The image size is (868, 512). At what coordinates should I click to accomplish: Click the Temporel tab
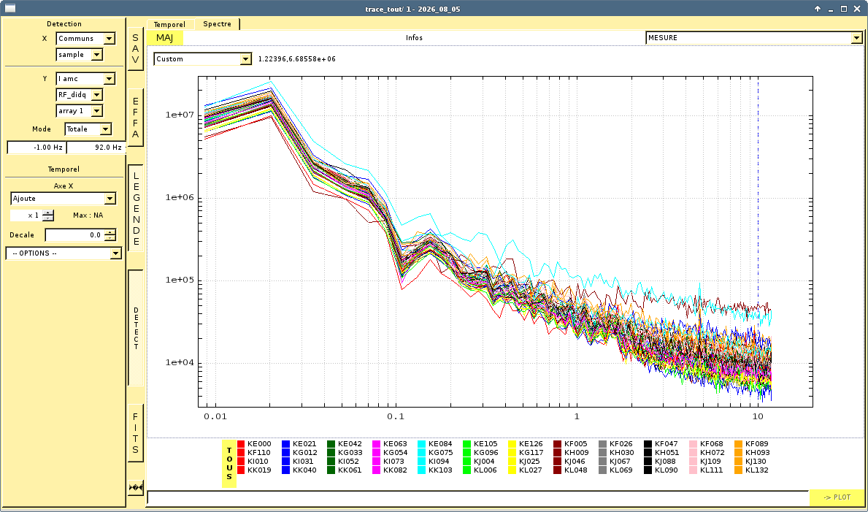click(x=170, y=24)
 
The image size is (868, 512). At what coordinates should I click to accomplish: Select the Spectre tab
click(x=217, y=24)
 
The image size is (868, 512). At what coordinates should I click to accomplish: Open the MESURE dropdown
click(x=754, y=38)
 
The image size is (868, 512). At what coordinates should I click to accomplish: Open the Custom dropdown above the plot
click(x=203, y=58)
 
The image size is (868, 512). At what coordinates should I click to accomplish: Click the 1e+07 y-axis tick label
click(x=179, y=115)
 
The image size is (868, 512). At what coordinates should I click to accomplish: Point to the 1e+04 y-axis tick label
click(x=179, y=362)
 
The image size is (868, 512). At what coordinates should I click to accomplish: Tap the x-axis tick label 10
click(x=758, y=416)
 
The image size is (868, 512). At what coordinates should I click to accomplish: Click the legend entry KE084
click(x=436, y=444)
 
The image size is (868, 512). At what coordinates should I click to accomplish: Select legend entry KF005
click(x=571, y=444)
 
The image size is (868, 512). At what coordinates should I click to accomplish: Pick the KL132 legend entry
click(x=751, y=470)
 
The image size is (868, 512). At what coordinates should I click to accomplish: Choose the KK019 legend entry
click(x=255, y=470)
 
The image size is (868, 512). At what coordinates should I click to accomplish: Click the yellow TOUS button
click(x=229, y=464)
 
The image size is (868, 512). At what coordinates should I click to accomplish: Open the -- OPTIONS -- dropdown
click(x=64, y=253)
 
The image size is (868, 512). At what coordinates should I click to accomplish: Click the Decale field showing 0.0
click(x=80, y=235)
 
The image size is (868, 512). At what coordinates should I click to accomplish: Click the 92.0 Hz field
click(x=96, y=148)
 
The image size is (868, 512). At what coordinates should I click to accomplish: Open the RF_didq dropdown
click(x=80, y=95)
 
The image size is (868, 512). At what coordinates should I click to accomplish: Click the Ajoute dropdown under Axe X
click(x=63, y=199)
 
